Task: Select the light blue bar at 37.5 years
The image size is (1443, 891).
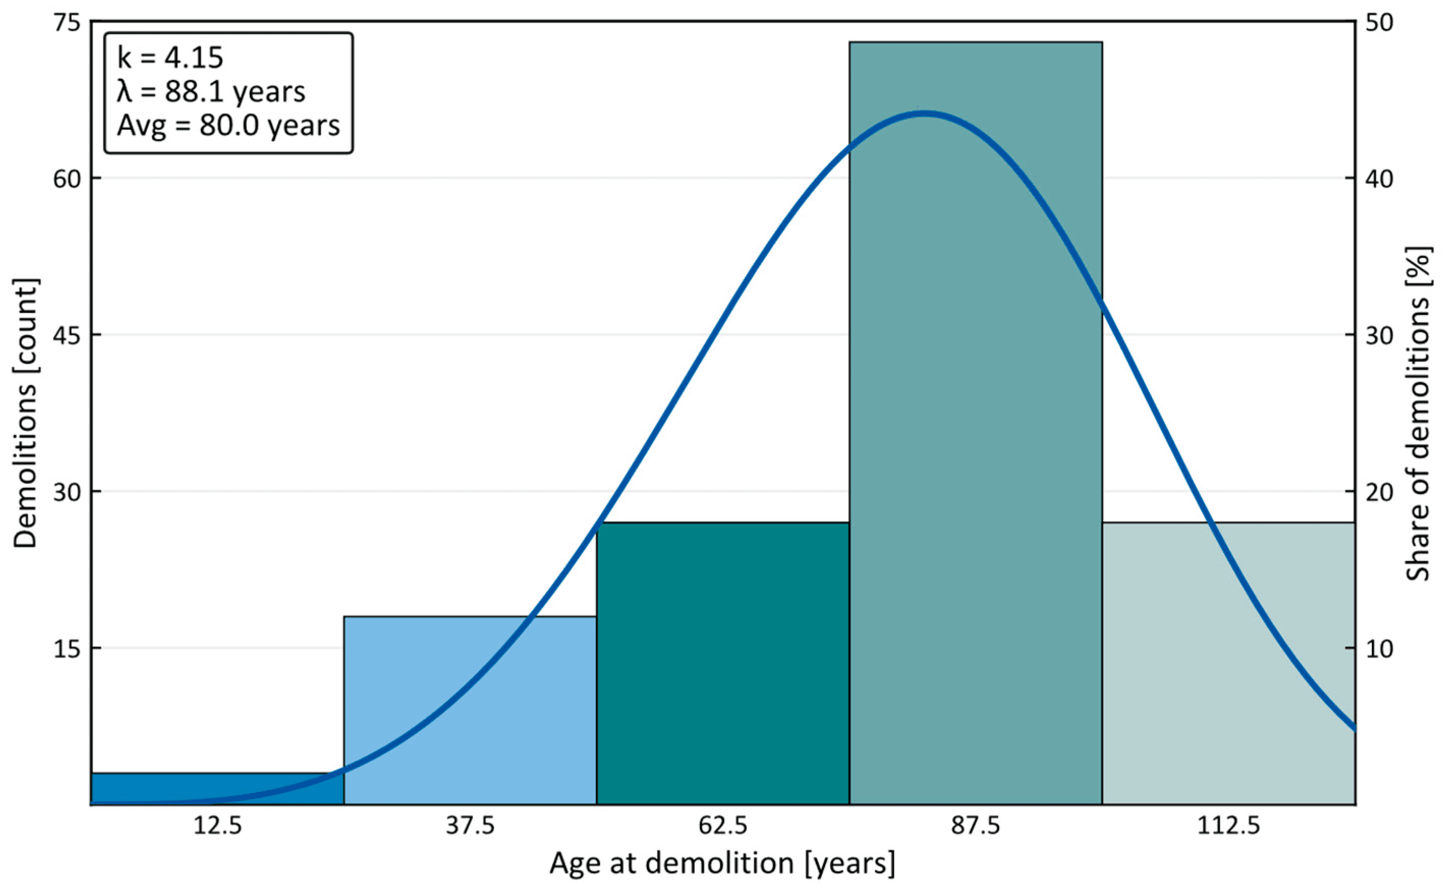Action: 470,710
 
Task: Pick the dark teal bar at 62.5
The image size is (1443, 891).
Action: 723,663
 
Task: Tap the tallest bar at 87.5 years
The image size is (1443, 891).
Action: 976,423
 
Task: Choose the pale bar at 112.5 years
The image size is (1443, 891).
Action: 1228,663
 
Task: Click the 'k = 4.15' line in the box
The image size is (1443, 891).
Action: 171,58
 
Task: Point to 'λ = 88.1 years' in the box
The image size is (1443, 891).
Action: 211,92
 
